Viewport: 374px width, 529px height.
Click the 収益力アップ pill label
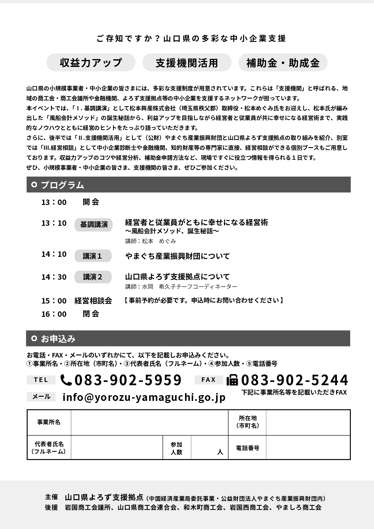pos(91,63)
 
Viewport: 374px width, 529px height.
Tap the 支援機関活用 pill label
pos(187,63)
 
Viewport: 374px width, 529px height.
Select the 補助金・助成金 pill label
pos(283,63)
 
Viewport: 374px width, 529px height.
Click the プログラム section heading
pos(62,185)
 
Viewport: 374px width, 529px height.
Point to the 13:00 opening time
pos(54,202)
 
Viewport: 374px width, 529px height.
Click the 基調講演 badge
pos(94,225)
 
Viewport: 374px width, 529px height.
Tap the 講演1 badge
pos(93,256)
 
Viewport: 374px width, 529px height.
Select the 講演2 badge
pos(93,277)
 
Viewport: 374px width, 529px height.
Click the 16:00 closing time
pos(54,314)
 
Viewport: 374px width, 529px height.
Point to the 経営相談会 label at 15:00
pos(93,301)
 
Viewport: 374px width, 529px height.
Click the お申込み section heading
pos(58,338)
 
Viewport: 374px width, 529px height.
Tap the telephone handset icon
pos(66,380)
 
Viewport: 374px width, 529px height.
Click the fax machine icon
pos(232,380)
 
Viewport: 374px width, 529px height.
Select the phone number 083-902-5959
pos(128,380)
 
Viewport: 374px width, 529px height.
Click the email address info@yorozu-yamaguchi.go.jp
pos(144,397)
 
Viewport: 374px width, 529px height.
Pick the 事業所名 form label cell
pos(49,422)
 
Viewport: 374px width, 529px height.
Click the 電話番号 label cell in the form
pos(247,448)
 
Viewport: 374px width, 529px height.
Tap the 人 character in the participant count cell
pos(220,452)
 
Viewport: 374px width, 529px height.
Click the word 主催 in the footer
pos(51,497)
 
